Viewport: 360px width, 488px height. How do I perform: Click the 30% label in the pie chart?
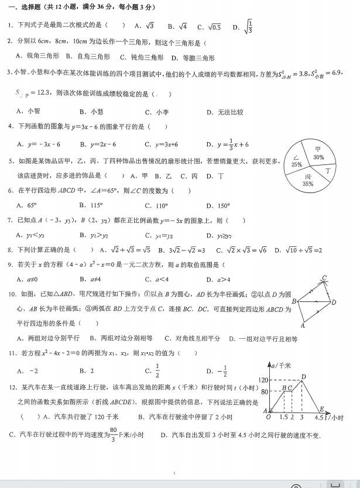point(318,157)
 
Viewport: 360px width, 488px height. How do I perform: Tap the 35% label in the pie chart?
point(308,184)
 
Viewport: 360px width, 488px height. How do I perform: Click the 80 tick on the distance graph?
point(264,391)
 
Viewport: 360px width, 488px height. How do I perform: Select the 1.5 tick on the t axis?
point(283,418)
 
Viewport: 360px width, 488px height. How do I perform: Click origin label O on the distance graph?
point(269,417)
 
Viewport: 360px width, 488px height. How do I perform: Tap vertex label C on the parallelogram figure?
point(324,278)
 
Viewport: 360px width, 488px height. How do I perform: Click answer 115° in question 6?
point(95,205)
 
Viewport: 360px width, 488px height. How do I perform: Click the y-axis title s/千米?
point(284,365)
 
